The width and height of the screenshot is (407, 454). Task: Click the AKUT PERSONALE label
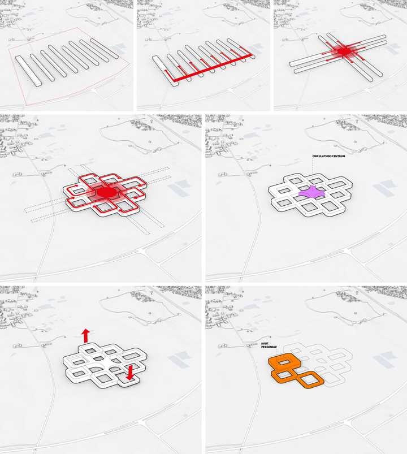(269, 345)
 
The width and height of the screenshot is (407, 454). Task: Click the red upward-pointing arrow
(85, 336)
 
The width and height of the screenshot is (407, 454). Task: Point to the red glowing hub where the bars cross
(344, 52)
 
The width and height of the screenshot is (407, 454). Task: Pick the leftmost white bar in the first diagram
(28, 71)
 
